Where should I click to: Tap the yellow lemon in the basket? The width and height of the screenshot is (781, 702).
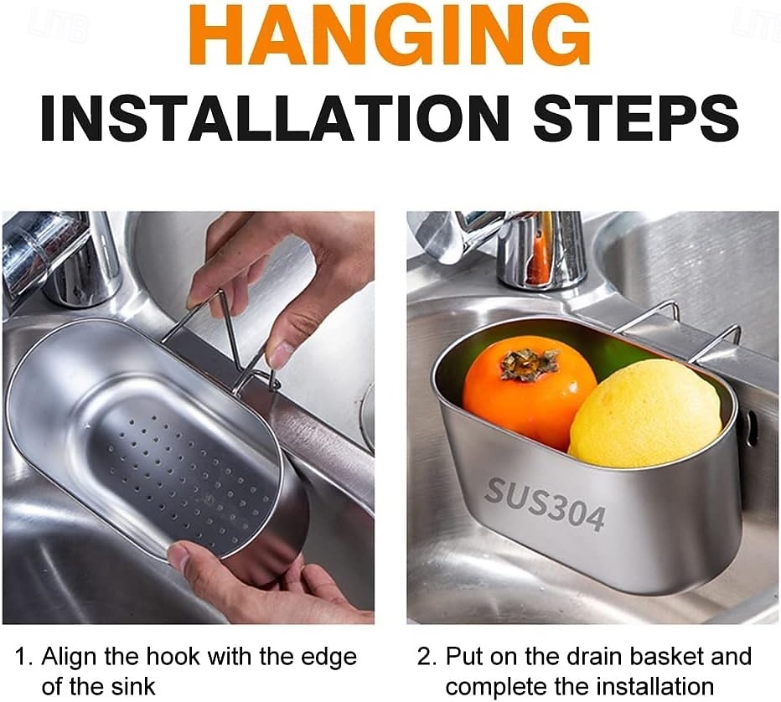pos(645,414)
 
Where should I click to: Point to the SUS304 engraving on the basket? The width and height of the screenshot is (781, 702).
pos(545,503)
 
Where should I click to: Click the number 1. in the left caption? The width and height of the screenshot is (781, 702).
pos(25,657)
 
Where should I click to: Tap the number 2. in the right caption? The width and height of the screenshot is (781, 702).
pos(427,657)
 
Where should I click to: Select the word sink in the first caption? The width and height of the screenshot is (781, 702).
pos(132,687)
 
